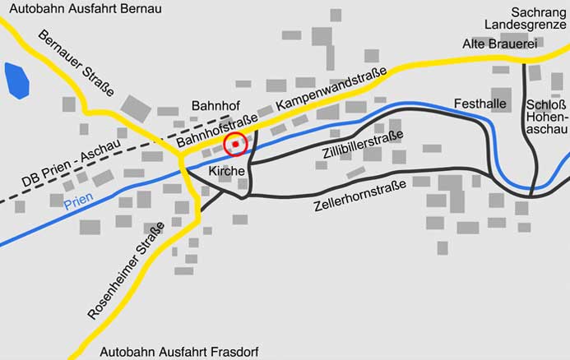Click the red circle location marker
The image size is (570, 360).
click(x=236, y=144)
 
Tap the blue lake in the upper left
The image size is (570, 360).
click(x=16, y=80)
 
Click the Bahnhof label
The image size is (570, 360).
click(x=215, y=107)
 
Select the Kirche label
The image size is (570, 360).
click(x=227, y=171)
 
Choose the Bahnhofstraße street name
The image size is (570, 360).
click(x=217, y=132)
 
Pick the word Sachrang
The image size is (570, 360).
click(x=538, y=12)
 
